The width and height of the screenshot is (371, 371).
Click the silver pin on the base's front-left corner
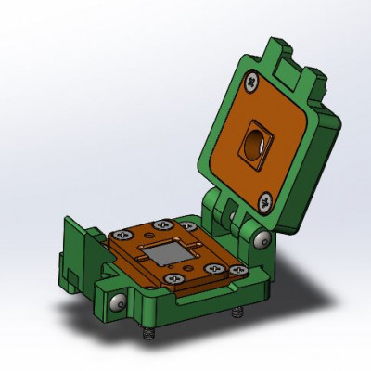click(116, 304)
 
